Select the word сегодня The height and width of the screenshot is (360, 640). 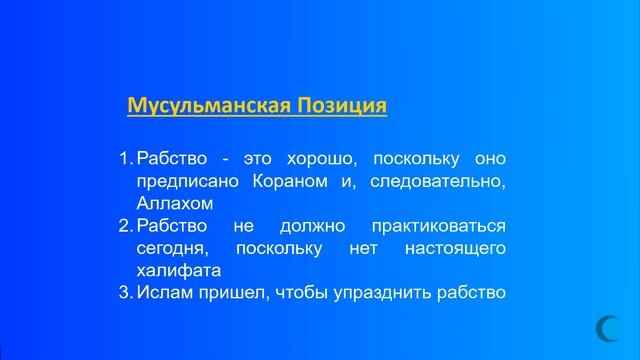[x=171, y=248]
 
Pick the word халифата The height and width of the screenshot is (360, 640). [x=178, y=270]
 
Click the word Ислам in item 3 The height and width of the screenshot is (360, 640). [x=162, y=292]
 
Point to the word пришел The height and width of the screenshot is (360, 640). [x=226, y=292]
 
